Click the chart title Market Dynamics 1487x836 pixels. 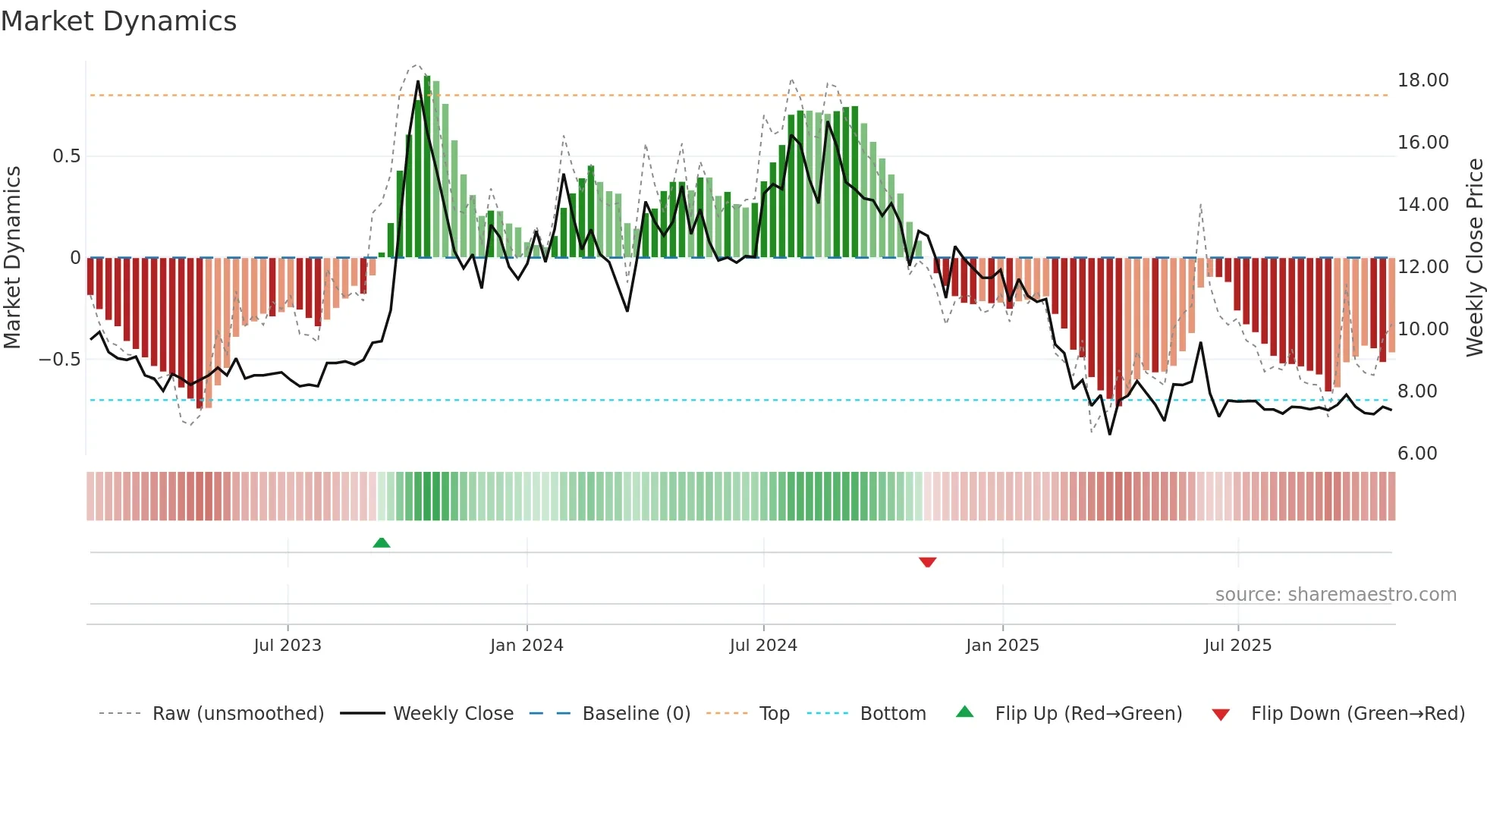point(119,21)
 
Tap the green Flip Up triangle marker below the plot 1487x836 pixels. point(382,542)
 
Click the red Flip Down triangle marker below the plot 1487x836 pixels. point(927,562)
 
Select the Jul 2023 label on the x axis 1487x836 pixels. point(288,646)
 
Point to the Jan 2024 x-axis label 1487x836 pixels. point(527,646)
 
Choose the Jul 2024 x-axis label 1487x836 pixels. point(763,646)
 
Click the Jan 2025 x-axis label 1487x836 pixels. point(1002,646)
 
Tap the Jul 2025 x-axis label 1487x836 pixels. point(1237,646)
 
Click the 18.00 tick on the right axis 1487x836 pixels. point(1423,80)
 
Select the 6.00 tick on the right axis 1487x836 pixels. point(1417,454)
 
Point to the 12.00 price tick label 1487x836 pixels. point(1423,267)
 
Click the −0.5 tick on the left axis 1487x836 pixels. point(59,360)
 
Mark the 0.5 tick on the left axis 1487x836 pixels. point(66,156)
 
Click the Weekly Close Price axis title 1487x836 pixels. point(1474,258)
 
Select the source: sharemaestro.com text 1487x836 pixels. point(1335,595)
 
